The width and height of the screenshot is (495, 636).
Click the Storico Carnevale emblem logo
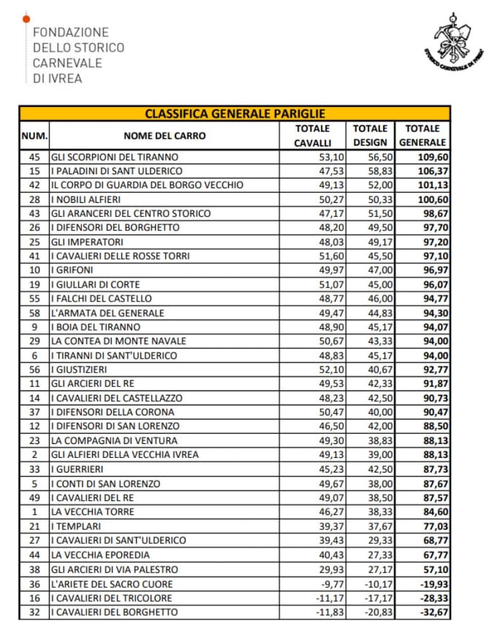coord(452,43)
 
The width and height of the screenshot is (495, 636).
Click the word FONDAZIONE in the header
coord(71,32)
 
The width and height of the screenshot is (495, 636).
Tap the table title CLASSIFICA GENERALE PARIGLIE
coord(235,114)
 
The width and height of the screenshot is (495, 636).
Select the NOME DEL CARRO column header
coord(165,135)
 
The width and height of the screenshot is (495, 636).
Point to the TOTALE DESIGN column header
coord(370,135)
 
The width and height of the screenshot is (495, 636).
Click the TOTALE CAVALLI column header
coord(313,135)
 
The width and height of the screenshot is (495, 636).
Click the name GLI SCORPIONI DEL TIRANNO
coord(114,157)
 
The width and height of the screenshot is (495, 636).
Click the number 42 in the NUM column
coord(35,185)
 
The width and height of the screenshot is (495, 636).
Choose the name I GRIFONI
coord(74,270)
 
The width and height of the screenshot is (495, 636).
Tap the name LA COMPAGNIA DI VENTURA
coord(114,440)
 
